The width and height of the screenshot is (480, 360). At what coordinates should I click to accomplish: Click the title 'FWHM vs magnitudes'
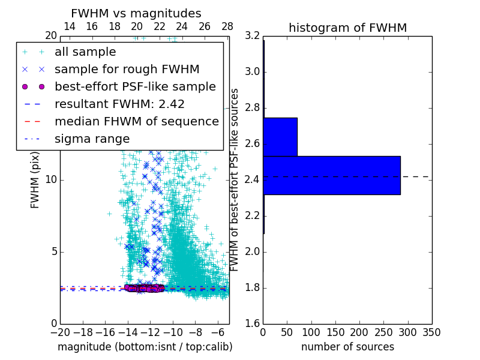coord(136,13)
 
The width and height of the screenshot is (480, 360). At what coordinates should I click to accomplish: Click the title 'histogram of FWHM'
coord(347,28)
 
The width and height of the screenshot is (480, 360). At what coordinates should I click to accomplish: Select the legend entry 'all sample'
coord(85,52)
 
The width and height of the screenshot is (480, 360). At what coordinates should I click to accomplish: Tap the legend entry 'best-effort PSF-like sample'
coord(135,86)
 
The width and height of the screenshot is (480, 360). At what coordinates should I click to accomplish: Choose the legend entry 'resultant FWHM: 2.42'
coord(119,104)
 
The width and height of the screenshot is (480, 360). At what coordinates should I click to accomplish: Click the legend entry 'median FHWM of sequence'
coord(136,121)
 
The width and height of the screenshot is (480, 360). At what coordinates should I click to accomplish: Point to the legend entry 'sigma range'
coord(92,139)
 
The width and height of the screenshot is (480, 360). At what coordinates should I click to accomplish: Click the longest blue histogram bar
coord(331,175)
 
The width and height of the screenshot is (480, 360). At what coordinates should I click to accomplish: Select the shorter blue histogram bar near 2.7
coord(280,137)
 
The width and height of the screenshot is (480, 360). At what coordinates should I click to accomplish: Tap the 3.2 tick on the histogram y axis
coord(252,36)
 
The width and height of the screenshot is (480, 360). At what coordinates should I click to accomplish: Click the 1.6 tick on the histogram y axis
coord(252,324)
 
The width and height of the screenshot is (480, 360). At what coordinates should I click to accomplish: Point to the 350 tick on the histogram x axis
coord(431,332)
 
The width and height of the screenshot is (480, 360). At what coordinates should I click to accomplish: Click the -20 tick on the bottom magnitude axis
coord(60,332)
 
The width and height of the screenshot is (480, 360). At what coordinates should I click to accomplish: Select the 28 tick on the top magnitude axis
coord(227,26)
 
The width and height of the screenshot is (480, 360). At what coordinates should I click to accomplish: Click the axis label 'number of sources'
coord(347,347)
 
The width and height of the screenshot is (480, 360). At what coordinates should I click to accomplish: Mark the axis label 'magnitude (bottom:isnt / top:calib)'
coord(145,347)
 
